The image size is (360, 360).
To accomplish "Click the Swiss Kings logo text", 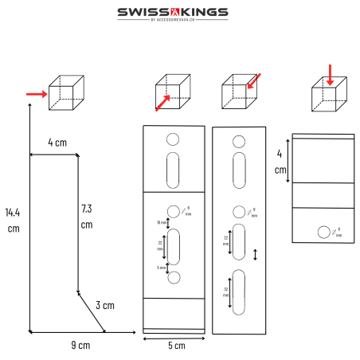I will pyautogui.click(x=173, y=12).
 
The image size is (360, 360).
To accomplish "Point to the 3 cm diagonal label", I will pyautogui.click(x=106, y=305).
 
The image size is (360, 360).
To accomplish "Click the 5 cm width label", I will pyautogui.click(x=176, y=345).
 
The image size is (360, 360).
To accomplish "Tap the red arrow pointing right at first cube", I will pyautogui.click(x=36, y=93).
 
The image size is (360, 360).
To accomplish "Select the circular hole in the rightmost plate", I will pyautogui.click(x=323, y=232).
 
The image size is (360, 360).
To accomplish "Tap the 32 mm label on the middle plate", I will pyautogui.click(x=225, y=291).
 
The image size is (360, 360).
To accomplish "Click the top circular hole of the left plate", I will pyautogui.click(x=173, y=139).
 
